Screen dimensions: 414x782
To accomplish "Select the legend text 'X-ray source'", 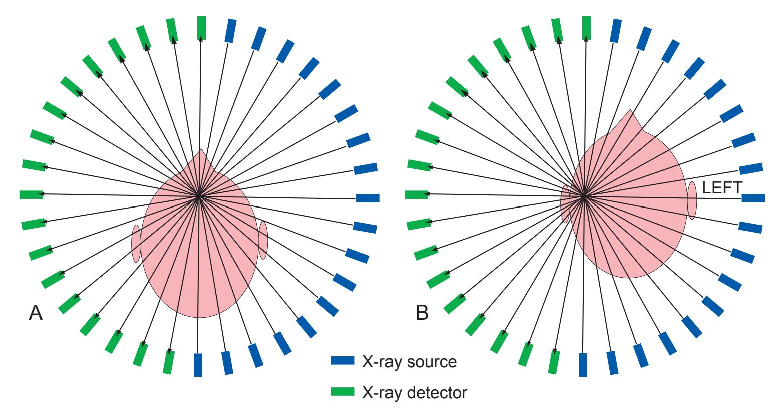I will (x=409, y=361).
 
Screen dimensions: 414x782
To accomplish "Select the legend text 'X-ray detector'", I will (x=414, y=392).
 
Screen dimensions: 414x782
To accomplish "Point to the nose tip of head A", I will (x=201, y=150).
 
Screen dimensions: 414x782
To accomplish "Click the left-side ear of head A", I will (x=135, y=244).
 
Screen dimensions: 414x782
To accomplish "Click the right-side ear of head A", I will (x=263, y=240).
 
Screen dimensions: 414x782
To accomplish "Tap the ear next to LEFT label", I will (x=692, y=200).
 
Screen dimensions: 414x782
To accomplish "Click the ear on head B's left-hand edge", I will (x=565, y=203).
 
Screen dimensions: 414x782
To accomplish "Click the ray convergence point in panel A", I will (x=199, y=196).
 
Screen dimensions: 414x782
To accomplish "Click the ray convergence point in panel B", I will (x=584, y=196).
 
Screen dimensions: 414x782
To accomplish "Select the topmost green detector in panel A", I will (x=201, y=28).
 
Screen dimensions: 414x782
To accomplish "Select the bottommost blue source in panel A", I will (x=198, y=365).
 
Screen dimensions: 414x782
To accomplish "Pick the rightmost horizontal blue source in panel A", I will (x=368, y=198).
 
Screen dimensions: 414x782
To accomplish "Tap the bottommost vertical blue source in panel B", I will (x=583, y=365).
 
